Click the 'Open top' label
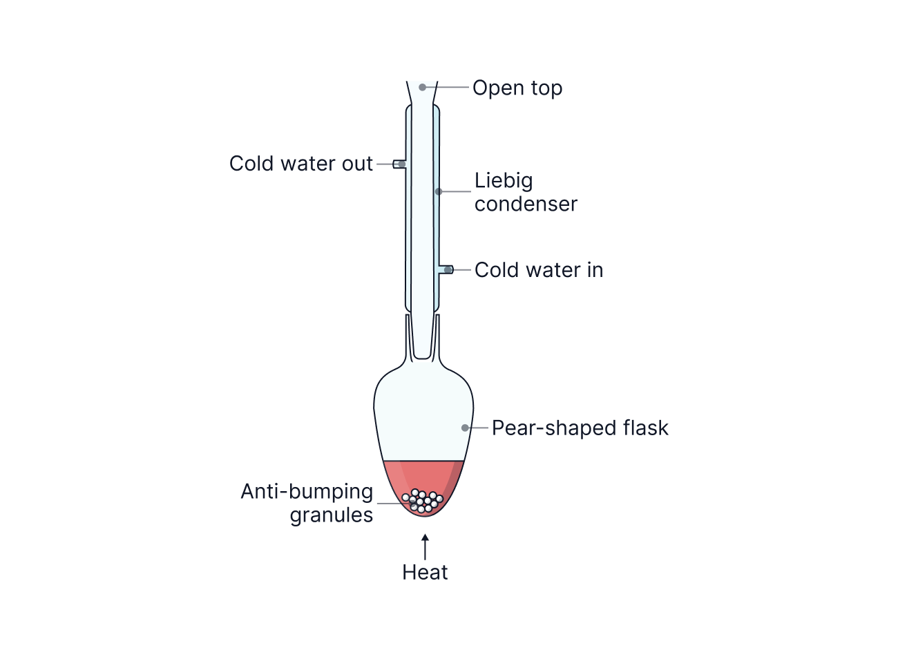tap(517, 88)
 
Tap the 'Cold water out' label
tap(301, 164)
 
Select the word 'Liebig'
tap(504, 181)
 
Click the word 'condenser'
tap(526, 204)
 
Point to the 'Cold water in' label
tap(539, 270)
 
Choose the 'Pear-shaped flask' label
tap(580, 428)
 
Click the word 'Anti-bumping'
tap(307, 492)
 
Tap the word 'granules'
tap(332, 515)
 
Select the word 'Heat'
tap(425, 573)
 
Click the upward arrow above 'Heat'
tap(425, 545)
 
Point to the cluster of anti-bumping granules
tap(422, 501)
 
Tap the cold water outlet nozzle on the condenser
tap(399, 164)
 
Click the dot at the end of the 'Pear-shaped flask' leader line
tap(465, 428)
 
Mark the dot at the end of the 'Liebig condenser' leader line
tap(437, 191)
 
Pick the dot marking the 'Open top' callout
tap(422, 87)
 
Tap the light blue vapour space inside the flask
tap(423, 414)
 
